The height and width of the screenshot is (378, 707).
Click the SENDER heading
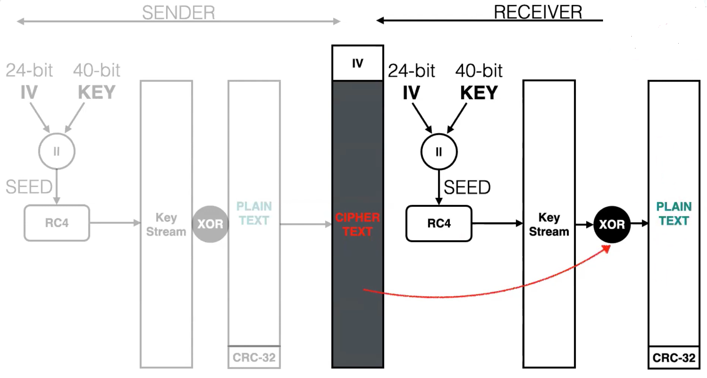179,13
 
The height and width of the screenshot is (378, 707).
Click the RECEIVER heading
538,12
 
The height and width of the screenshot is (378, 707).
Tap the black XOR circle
612,224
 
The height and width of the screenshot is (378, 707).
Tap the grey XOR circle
210,224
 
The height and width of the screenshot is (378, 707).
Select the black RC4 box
439,223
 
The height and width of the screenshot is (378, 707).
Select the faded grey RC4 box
57,223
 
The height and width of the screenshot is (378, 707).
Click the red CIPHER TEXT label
357,224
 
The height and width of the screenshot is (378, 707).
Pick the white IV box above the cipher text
357,63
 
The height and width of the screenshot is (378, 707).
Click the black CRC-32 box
674,358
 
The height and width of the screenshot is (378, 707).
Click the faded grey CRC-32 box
254,358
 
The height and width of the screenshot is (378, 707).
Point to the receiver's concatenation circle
439,152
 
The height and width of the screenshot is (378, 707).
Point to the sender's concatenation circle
57,151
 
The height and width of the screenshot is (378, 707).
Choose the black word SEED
467,187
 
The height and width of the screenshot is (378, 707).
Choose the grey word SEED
29,187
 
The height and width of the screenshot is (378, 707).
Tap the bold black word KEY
479,93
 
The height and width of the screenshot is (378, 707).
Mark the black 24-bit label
411,71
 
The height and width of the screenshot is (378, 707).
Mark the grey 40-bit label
97,70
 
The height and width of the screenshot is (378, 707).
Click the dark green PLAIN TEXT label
674,214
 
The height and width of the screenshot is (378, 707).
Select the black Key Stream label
549,224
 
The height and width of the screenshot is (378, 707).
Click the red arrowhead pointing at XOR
606,248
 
